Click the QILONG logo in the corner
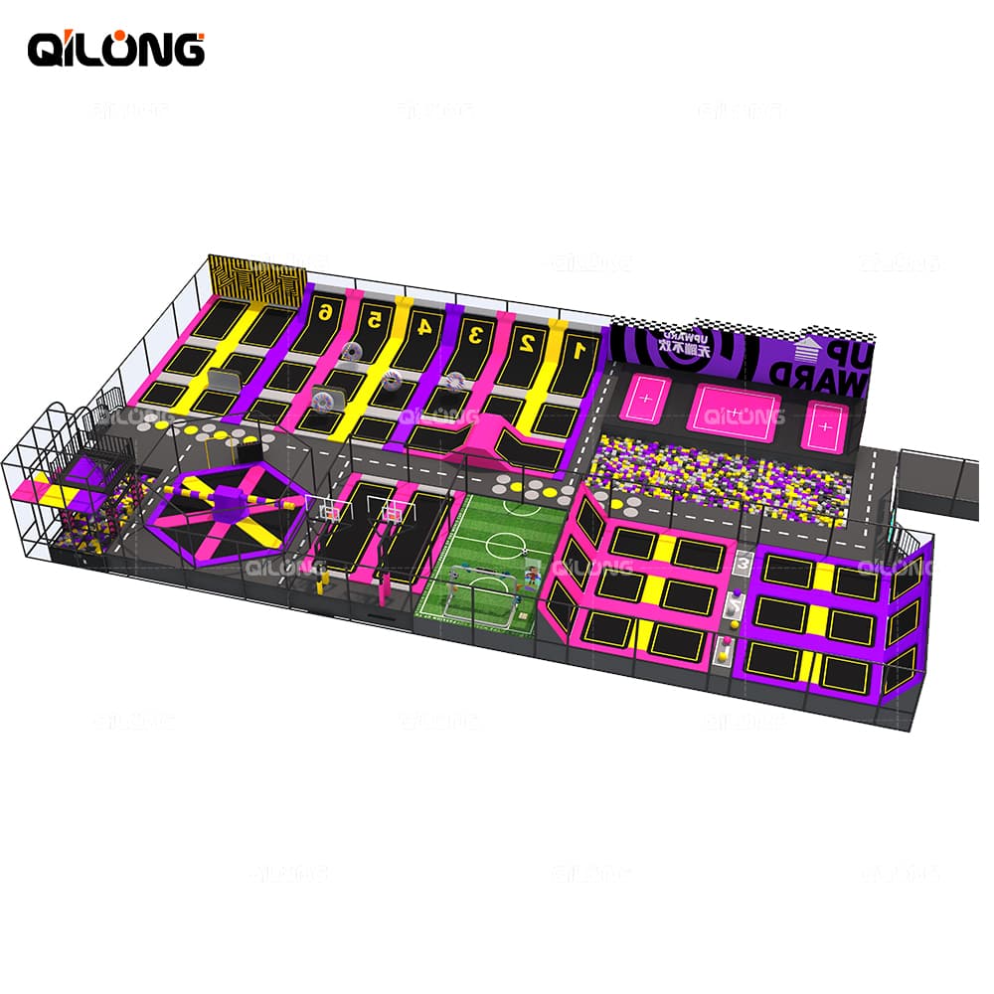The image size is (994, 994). coord(115,47)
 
